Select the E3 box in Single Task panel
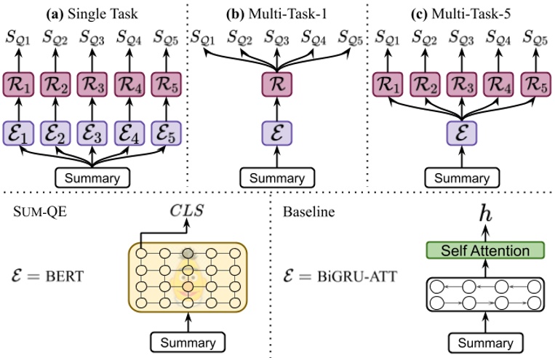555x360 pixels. point(92,134)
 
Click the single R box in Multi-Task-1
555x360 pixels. point(277,85)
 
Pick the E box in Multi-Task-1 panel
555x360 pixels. point(277,134)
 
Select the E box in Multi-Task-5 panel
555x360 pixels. point(461,134)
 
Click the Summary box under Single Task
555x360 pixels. point(92,177)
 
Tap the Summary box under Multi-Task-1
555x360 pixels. point(277,177)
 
